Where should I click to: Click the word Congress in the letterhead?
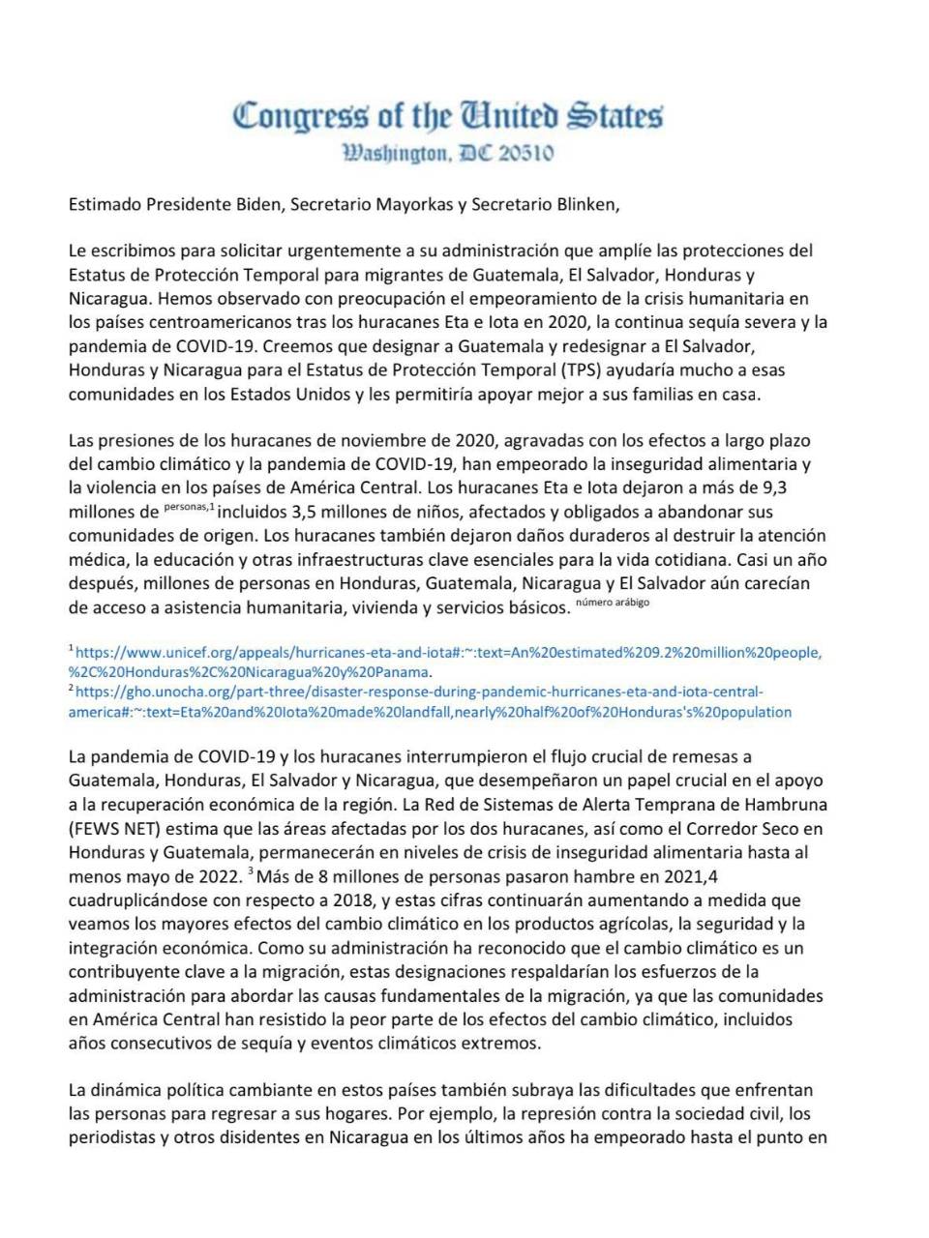pos(300,116)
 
